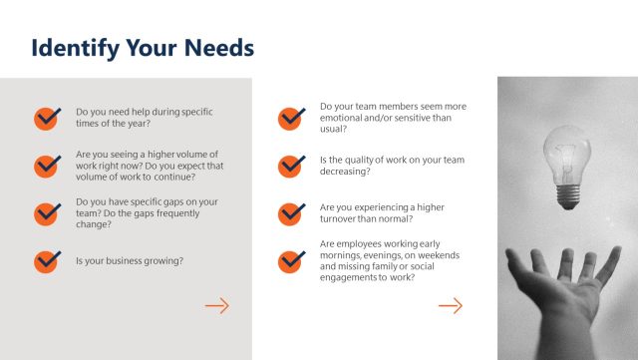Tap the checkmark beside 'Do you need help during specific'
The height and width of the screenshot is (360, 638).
47,118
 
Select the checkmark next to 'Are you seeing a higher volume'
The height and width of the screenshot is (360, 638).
47,165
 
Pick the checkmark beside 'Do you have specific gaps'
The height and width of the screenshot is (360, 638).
47,212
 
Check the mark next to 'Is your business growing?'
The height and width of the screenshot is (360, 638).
47,260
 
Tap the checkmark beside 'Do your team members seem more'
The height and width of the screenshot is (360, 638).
291,117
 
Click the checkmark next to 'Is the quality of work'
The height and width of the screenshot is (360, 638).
291,165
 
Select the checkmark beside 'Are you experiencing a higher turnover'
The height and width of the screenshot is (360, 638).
291,212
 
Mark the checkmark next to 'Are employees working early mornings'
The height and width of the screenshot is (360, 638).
291,260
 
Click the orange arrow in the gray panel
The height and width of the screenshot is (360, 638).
216,305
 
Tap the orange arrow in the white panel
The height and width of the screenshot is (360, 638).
451,305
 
